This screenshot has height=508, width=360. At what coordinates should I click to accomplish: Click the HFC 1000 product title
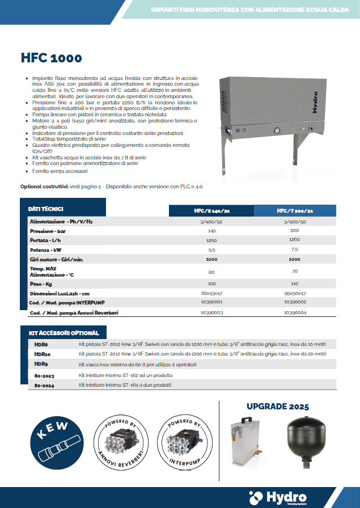[x=51, y=58]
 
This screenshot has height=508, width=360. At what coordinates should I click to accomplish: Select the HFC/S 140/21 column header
[x=212, y=211]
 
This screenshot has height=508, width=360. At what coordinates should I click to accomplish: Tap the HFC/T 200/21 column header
[x=294, y=211]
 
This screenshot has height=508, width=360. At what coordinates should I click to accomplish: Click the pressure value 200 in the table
[x=294, y=231]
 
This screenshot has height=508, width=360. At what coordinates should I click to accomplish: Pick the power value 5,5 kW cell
[x=212, y=249]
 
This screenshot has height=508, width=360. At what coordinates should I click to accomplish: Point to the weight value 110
[x=294, y=283]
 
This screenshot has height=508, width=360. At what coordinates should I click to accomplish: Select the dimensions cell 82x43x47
[x=212, y=293]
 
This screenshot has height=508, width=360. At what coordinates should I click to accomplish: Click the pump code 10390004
[x=294, y=312]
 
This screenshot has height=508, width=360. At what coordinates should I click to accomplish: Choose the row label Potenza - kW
[x=46, y=249]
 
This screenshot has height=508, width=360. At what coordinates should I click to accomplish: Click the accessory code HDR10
[x=42, y=354]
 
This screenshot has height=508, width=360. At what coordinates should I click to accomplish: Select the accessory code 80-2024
[x=43, y=385]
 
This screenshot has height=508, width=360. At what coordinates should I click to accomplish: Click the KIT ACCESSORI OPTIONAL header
[x=63, y=333]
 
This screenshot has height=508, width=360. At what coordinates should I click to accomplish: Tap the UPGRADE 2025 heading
[x=278, y=407]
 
